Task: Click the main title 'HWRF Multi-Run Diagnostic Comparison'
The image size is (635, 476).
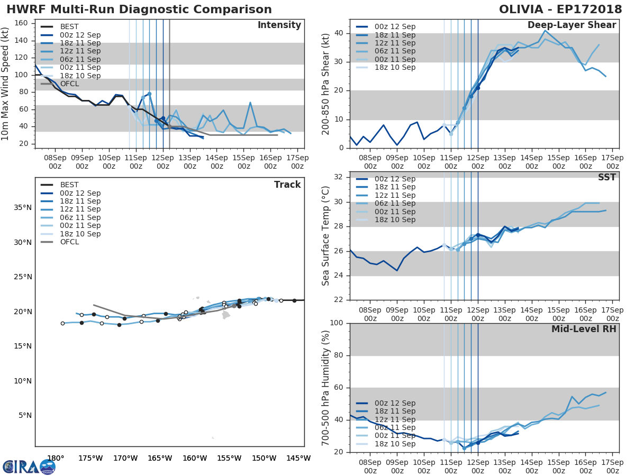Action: (x=139, y=10)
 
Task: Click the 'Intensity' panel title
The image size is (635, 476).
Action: (x=279, y=25)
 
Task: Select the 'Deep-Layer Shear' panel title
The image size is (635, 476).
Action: (x=571, y=25)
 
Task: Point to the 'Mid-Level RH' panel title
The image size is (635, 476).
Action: (x=584, y=329)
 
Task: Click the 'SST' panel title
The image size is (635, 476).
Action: (x=607, y=177)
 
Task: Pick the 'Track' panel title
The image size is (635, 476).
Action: (x=287, y=185)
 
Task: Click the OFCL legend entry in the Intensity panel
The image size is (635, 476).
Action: (x=69, y=84)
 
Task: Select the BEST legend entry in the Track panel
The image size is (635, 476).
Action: (x=69, y=185)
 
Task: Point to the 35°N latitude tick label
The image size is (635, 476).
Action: (x=22, y=207)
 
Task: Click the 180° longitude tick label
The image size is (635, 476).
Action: (x=56, y=458)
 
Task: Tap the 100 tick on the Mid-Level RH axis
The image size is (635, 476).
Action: (x=337, y=323)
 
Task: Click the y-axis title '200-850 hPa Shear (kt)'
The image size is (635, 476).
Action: (x=325, y=84)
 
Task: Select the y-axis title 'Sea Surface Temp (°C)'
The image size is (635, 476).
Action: (x=325, y=236)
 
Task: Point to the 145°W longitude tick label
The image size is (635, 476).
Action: (x=298, y=458)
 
